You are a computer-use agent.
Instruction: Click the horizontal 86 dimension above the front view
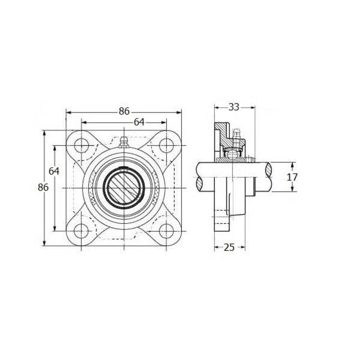(x=124, y=111)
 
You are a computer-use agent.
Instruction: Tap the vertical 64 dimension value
(x=54, y=171)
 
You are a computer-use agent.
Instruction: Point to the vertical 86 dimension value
(x=43, y=187)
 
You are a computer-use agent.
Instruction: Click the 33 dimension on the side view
(x=234, y=107)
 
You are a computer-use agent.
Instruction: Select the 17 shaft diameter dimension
(x=293, y=177)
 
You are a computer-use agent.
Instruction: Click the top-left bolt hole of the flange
(x=82, y=146)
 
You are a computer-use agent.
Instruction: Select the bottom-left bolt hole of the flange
(x=82, y=231)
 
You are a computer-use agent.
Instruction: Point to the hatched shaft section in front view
(x=124, y=188)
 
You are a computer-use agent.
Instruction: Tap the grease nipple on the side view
(x=236, y=136)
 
